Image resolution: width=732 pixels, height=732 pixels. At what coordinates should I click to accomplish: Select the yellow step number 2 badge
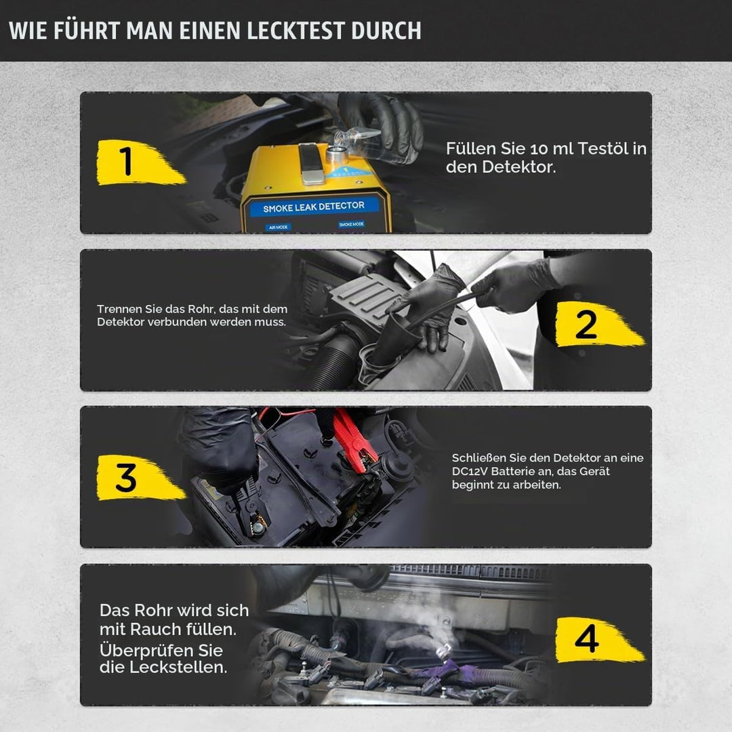click(599, 325)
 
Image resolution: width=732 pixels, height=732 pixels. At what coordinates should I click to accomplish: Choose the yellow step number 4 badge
click(599, 640)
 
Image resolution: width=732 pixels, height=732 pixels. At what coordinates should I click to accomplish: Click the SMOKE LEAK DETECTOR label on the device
click(314, 207)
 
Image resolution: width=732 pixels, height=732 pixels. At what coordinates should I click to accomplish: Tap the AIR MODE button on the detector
click(279, 227)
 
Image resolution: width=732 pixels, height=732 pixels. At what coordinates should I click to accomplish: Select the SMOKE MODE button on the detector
click(352, 224)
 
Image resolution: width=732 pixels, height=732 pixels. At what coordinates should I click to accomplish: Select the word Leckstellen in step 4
click(178, 667)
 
